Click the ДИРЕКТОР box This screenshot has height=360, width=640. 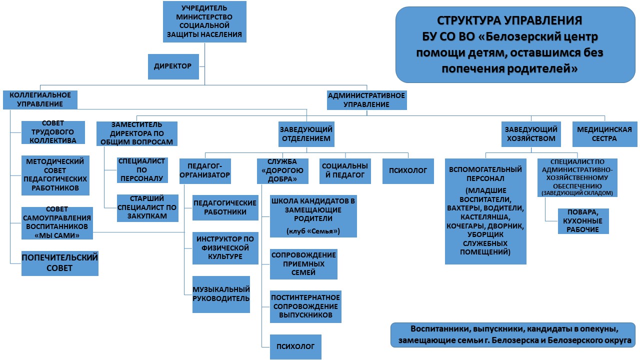tap(173, 66)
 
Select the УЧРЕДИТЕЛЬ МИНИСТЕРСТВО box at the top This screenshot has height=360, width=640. tap(204, 21)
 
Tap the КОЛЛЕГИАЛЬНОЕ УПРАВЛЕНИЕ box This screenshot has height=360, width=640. tap(40, 99)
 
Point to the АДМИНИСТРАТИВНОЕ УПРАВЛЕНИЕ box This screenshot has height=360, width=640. tap(366, 99)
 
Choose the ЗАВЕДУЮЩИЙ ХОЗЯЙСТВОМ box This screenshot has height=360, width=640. tap(530, 133)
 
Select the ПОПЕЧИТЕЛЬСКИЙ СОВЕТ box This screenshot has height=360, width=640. tap(59, 263)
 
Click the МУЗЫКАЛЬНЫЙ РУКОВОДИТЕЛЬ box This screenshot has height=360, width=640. tap(221, 294)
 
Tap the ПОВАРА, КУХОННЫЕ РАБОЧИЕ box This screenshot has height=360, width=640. tap(583, 221)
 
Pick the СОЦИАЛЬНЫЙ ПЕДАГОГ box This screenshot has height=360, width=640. tap(345, 170)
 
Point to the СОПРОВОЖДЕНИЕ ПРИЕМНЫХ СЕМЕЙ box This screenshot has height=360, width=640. tap(303, 263)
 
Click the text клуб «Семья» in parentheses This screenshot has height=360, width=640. tap(313, 231)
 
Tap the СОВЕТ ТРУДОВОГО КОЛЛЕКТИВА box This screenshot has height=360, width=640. tap(59, 132)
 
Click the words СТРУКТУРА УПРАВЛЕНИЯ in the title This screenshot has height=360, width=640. tap(510, 20)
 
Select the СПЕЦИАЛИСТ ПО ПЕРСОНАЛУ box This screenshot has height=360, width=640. tap(141, 170)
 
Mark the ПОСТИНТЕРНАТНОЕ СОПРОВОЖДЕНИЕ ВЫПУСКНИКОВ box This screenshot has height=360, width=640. tap(305, 306)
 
